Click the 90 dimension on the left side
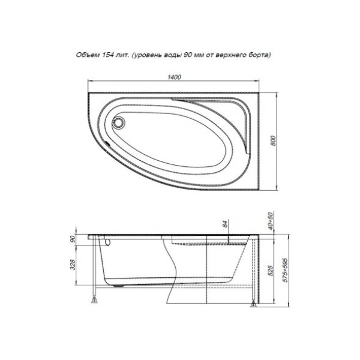[x=73, y=239]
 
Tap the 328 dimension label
[x=73, y=265]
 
